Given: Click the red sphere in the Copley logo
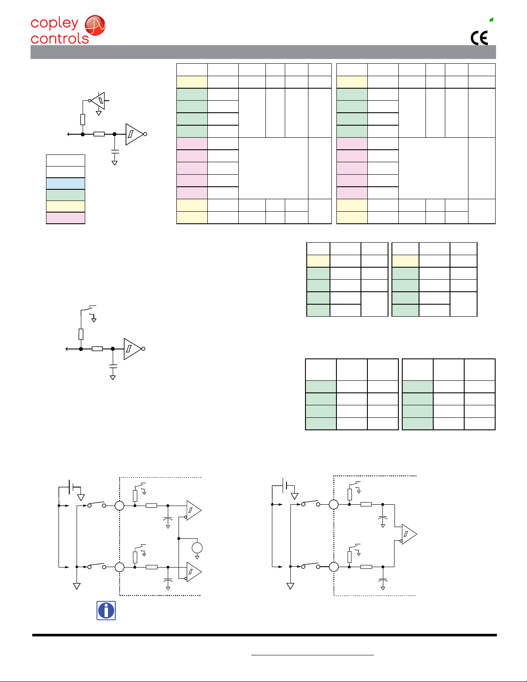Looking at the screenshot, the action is click(95, 25).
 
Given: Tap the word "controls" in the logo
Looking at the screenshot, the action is click(60, 39).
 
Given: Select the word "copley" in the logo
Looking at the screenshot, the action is click(54, 23).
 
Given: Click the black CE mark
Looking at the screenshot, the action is click(479, 38).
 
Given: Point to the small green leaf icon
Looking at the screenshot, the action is click(491, 20).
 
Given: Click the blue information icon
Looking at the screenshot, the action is click(106, 611).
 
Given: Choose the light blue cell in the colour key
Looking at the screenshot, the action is click(65, 183).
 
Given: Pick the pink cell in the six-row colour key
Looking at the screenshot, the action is click(65, 218).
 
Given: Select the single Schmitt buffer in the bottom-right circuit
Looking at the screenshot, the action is click(408, 534).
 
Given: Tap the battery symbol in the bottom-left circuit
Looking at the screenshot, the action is click(71, 487).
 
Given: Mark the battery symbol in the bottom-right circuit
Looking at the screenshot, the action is click(284, 485).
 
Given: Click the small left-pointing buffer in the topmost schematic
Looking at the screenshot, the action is click(99, 101).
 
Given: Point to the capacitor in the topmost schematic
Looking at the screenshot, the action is click(115, 151).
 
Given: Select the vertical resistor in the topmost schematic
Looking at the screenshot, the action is click(83, 119).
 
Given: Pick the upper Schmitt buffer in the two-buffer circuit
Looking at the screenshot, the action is click(193, 510).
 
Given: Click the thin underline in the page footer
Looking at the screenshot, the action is click(312, 655).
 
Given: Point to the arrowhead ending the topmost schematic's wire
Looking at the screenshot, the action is click(68, 134).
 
